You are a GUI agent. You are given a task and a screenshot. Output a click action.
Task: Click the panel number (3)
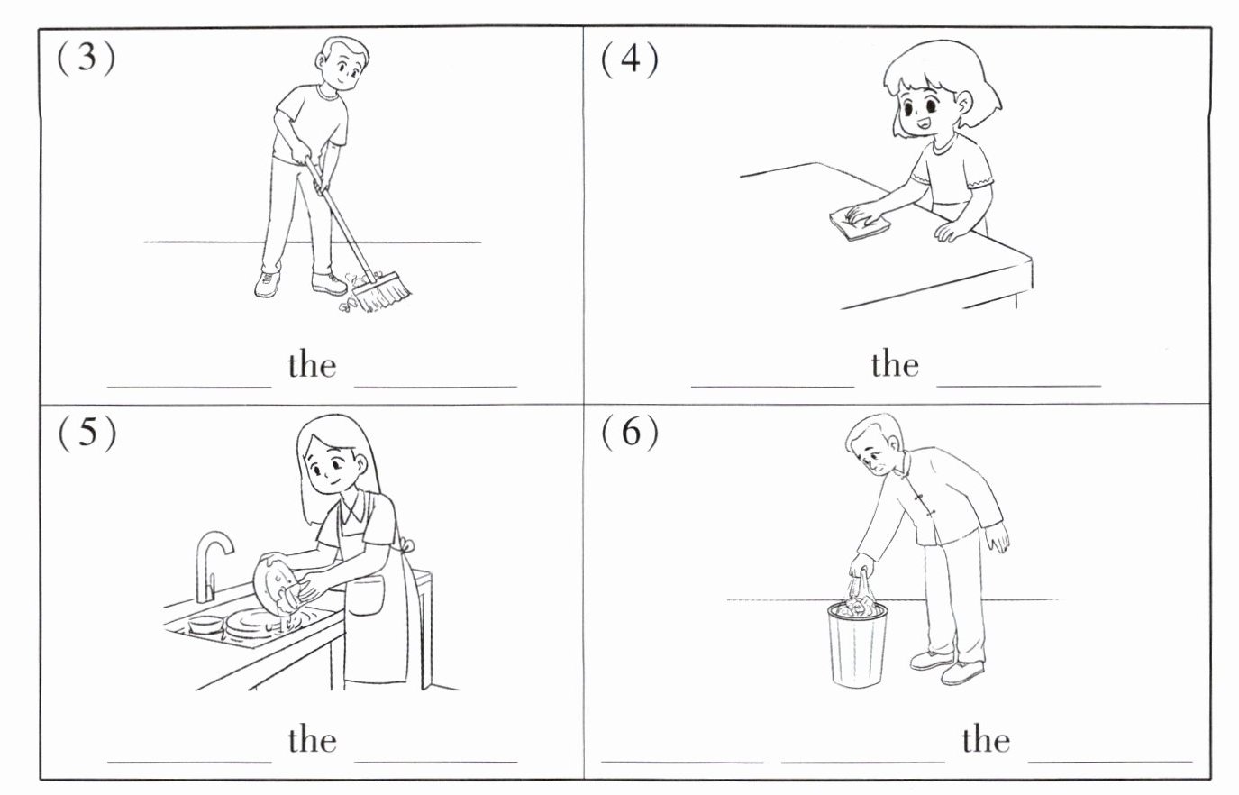[x=87, y=57]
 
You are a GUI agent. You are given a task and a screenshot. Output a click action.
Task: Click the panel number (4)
[x=630, y=59]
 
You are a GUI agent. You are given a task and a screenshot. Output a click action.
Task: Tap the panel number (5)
[x=87, y=433]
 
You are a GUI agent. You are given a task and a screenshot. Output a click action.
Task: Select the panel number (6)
[x=630, y=432]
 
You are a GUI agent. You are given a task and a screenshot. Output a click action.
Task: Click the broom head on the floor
[x=382, y=291]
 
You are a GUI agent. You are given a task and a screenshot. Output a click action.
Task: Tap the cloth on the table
[x=859, y=223]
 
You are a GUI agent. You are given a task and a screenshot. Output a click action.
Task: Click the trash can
[x=857, y=645]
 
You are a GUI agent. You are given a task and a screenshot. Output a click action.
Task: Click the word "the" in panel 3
[x=312, y=365]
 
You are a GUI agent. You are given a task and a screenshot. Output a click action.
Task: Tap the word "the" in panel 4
[x=895, y=364]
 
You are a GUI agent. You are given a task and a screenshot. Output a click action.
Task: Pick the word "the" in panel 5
[x=312, y=740]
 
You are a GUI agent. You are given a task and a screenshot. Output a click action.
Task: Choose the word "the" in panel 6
[x=986, y=740]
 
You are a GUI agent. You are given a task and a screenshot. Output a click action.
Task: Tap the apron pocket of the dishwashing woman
[x=365, y=596]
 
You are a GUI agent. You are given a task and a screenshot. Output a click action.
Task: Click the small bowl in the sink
[x=205, y=624]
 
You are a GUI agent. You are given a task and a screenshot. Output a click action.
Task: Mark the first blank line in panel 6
[x=682, y=762]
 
